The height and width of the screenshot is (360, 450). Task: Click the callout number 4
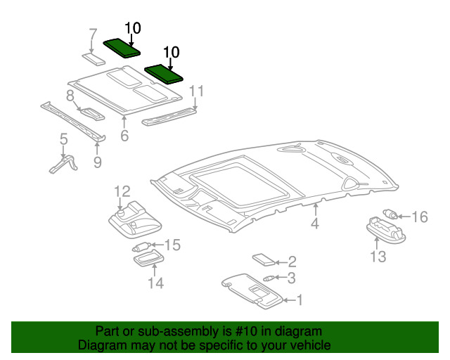(x=315, y=224)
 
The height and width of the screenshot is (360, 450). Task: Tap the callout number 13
(x=378, y=257)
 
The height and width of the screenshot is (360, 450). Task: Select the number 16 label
(x=419, y=217)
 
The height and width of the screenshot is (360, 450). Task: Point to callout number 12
(x=122, y=191)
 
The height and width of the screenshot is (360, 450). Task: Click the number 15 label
(x=172, y=245)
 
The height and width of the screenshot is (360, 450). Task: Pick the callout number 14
(x=155, y=283)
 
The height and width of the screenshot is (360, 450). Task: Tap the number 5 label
(x=63, y=139)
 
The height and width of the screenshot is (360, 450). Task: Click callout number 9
(x=97, y=162)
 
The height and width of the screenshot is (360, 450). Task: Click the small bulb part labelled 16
(x=391, y=213)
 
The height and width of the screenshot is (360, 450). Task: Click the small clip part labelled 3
(x=268, y=278)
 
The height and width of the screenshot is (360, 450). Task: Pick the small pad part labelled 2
(x=264, y=259)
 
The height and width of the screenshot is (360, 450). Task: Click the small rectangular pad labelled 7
(x=90, y=55)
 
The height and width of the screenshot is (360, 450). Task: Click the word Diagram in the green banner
(x=100, y=345)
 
